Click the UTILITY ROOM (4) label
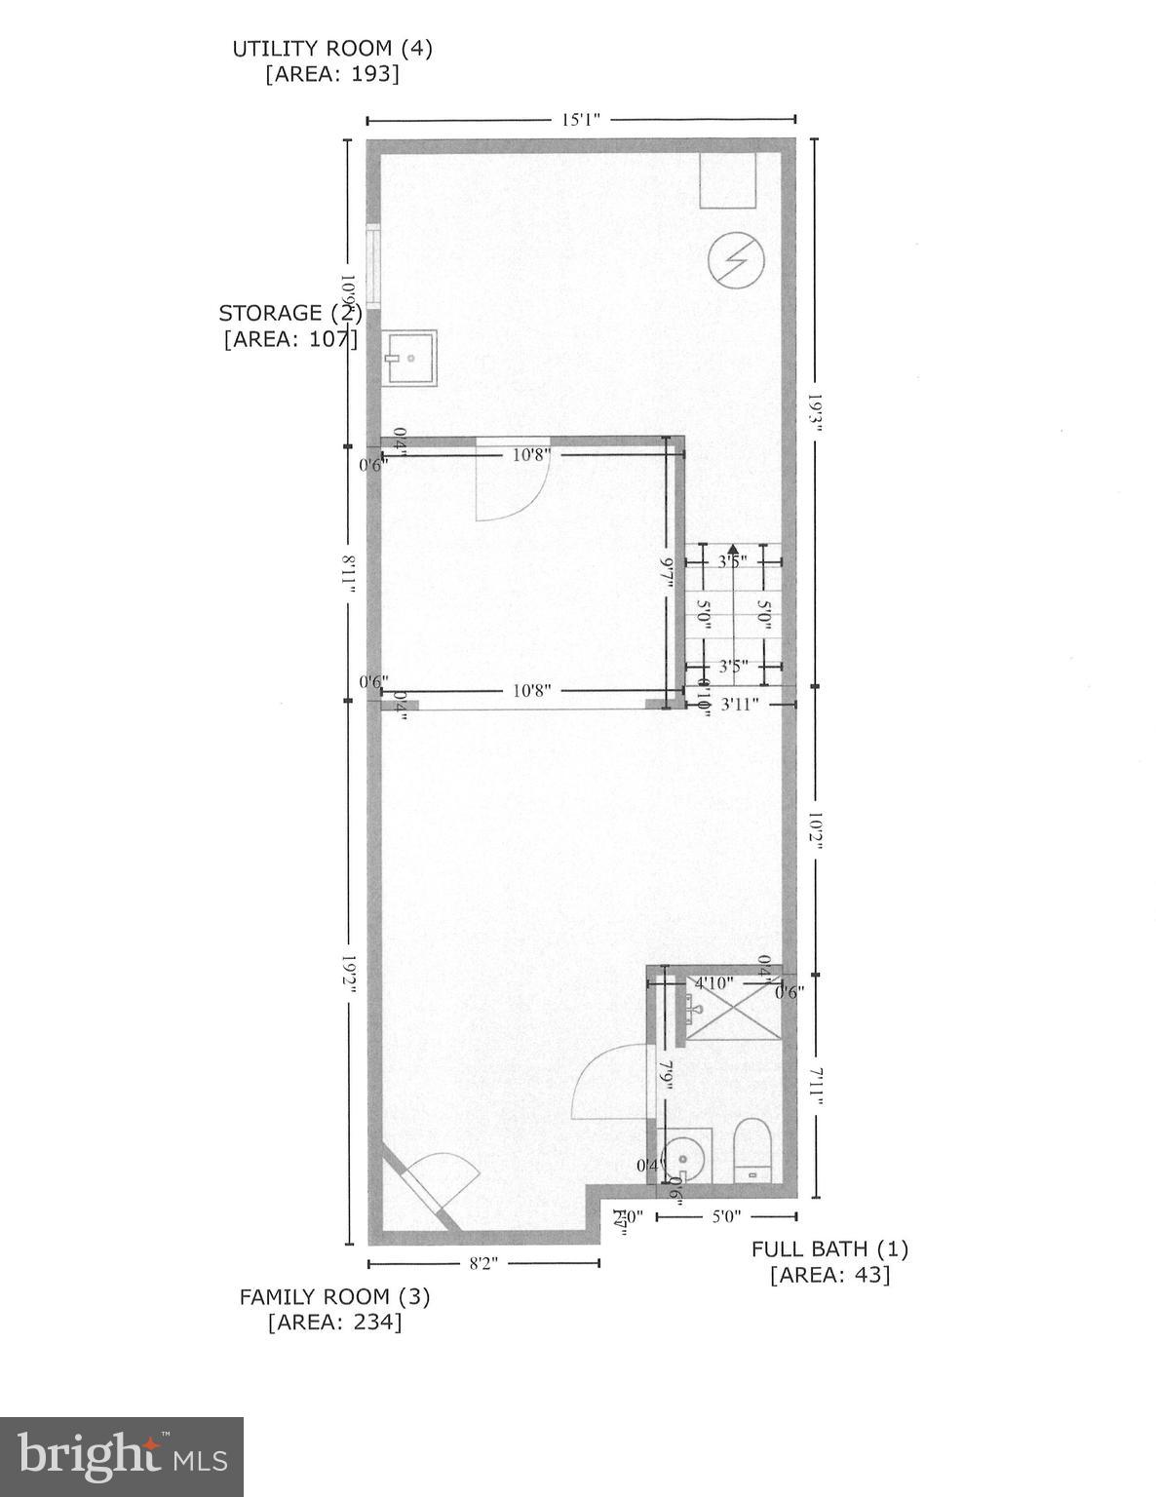331,48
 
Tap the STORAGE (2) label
289,313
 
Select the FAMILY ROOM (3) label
334,1296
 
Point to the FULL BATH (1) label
829,1248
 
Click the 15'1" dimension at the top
580,120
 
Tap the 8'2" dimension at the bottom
483,1263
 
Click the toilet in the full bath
751,1151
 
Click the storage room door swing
512,483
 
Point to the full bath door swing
612,1082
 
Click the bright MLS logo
122,1456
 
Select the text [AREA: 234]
334,1323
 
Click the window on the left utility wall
372,265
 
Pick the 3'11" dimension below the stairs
738,703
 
